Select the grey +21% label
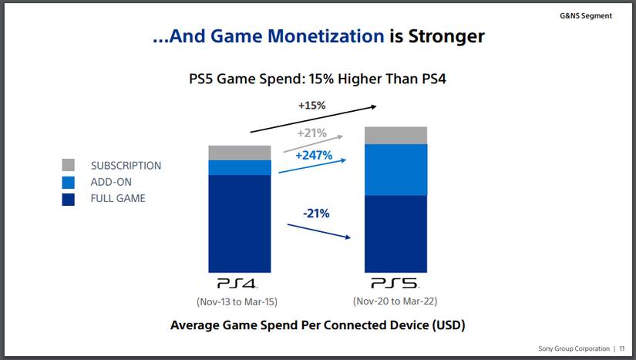coord(311,133)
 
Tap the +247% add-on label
coord(313,155)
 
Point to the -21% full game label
coord(315,213)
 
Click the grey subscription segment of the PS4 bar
coord(239,153)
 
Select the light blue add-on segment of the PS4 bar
coord(239,167)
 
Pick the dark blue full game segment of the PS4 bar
coord(239,224)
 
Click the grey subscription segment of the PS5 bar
coord(395,135)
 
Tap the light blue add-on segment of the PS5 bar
coord(395,170)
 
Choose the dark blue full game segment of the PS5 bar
coord(395,234)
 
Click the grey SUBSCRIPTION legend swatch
coord(68,165)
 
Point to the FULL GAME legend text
coord(118,198)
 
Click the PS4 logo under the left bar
coord(239,284)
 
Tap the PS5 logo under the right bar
coord(395,284)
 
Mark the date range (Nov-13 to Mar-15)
coord(239,301)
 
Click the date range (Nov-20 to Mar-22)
coord(395,301)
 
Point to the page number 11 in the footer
coord(621,348)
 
